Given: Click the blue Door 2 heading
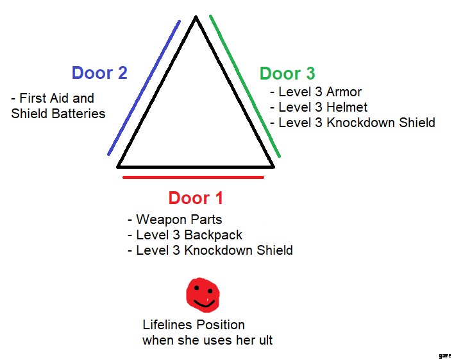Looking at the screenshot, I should [99, 73].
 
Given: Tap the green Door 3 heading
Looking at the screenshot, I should [287, 74].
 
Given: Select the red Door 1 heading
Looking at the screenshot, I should [196, 198].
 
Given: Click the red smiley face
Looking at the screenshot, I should [203, 295].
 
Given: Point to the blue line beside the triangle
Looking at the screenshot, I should [144, 88].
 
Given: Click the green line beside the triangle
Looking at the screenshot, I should [246, 87].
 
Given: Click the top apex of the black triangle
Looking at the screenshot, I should [196, 18].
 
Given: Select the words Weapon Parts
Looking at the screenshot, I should [179, 219].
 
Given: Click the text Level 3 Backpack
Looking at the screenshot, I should [189, 235].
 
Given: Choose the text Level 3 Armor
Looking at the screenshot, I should [320, 92].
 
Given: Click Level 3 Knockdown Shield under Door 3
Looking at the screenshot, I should [357, 123].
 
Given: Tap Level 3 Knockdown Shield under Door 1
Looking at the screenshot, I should [214, 250].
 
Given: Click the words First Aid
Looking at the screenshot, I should [56, 98].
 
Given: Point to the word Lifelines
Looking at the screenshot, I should [165, 325].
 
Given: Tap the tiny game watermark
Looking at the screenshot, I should [444, 355].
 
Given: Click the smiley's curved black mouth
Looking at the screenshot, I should [204, 302].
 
